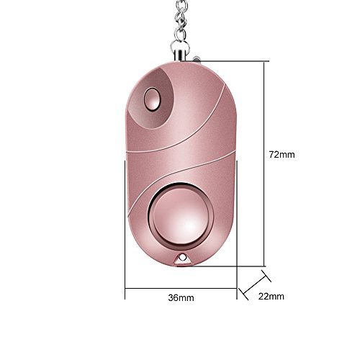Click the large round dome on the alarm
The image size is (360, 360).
[181, 214]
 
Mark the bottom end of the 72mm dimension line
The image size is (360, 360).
[268, 266]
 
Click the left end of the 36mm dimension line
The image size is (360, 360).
[126, 289]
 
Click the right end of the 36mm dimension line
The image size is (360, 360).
[236, 289]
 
